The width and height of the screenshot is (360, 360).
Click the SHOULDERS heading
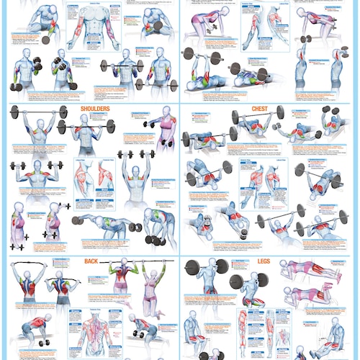95,109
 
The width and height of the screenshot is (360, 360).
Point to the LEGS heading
264,261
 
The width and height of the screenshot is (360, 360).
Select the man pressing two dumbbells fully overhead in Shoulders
135,176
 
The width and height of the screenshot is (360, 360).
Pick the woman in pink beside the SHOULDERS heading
165,130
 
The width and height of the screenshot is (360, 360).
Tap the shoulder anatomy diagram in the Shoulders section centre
94,176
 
